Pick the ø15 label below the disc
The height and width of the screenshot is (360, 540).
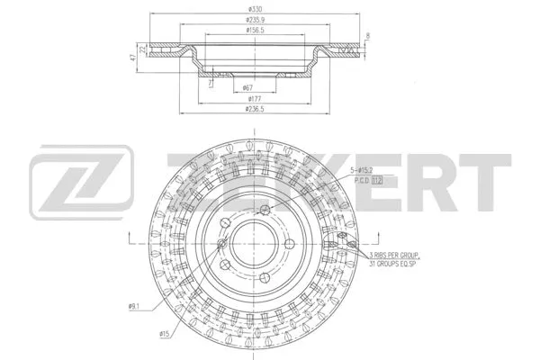click(165, 335)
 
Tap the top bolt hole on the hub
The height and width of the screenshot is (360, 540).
click(264, 211)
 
